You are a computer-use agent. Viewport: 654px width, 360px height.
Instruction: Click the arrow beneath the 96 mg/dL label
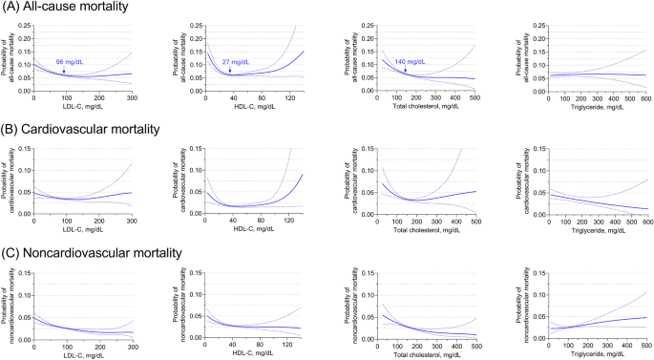(65, 70)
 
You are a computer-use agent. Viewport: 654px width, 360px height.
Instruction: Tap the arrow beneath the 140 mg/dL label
(405, 69)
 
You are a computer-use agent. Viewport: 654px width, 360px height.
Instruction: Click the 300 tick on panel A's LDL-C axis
(131, 98)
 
